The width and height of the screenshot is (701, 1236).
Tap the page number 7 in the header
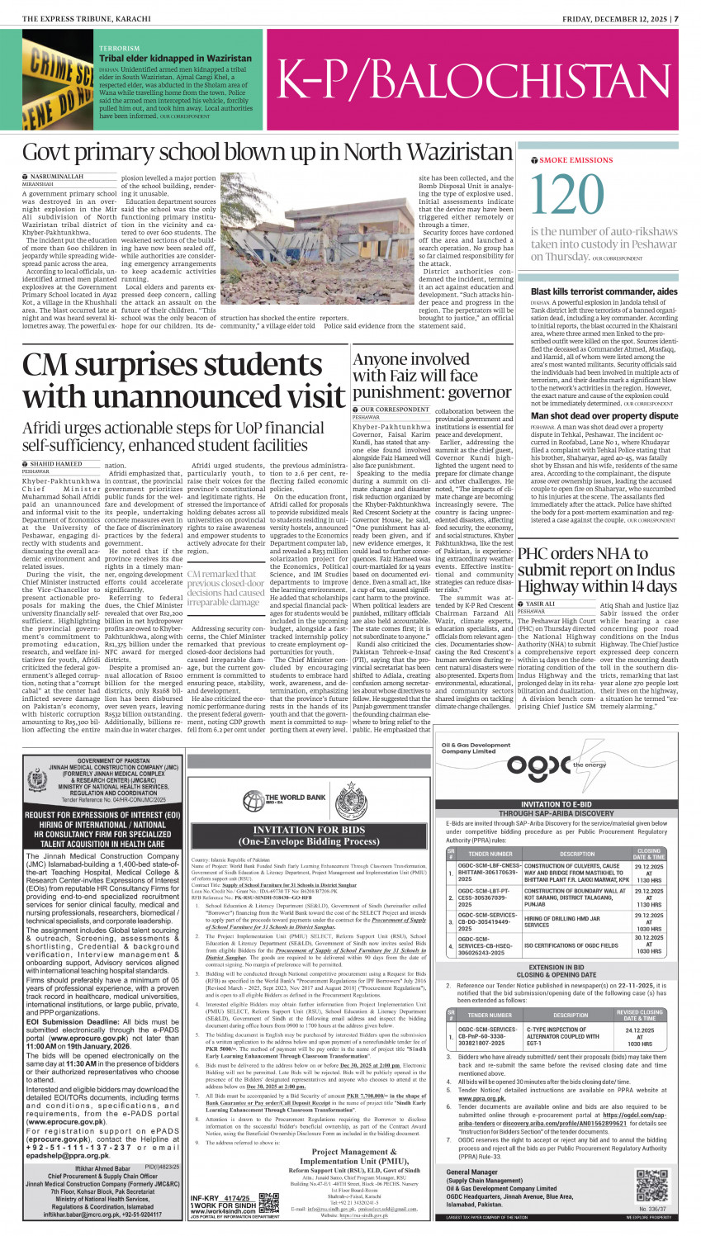click(675, 19)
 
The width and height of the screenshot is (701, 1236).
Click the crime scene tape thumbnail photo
click(57, 83)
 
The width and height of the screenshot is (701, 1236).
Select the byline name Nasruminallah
click(56, 177)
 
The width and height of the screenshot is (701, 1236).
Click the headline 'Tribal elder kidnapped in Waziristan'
click(175, 59)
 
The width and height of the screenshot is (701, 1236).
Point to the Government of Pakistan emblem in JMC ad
click(36, 781)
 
